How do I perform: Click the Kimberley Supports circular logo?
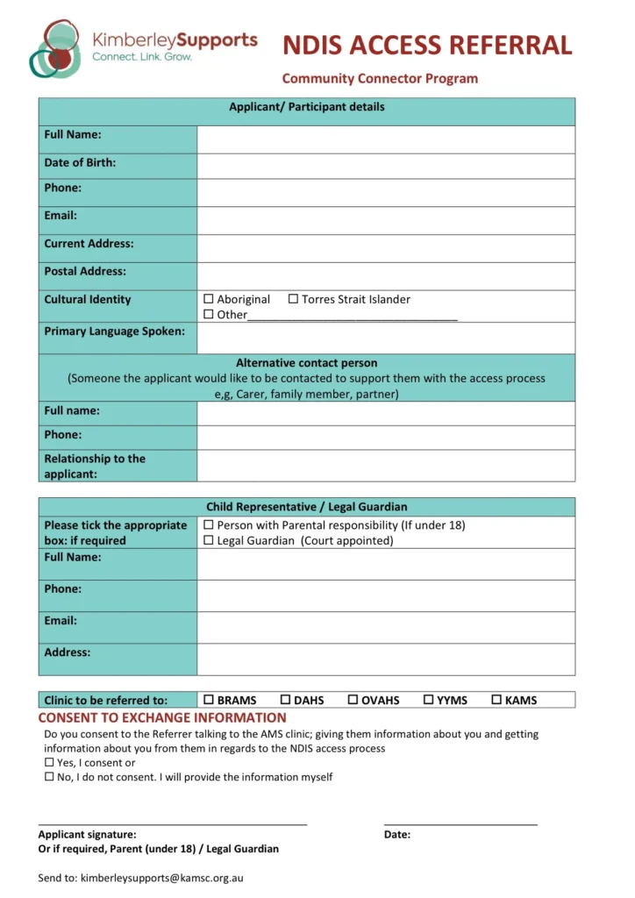[57, 47]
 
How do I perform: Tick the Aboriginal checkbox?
[209, 299]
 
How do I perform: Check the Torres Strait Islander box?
[293, 299]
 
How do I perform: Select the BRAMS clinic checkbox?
[209, 700]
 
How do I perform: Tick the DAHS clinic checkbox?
[285, 700]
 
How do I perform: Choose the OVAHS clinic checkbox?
[353, 700]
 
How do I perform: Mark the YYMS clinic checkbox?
[429, 700]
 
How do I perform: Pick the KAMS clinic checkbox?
[496, 700]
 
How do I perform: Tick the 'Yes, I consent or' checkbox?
[49, 763]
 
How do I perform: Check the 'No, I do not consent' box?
[49, 777]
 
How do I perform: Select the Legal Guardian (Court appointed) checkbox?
[209, 540]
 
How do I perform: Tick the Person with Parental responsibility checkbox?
[209, 525]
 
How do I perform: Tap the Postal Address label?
[85, 272]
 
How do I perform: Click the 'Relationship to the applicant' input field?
[386, 466]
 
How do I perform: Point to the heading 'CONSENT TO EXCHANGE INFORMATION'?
[162, 718]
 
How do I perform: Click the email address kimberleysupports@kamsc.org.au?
[161, 877]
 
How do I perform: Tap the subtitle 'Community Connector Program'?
[380, 79]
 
